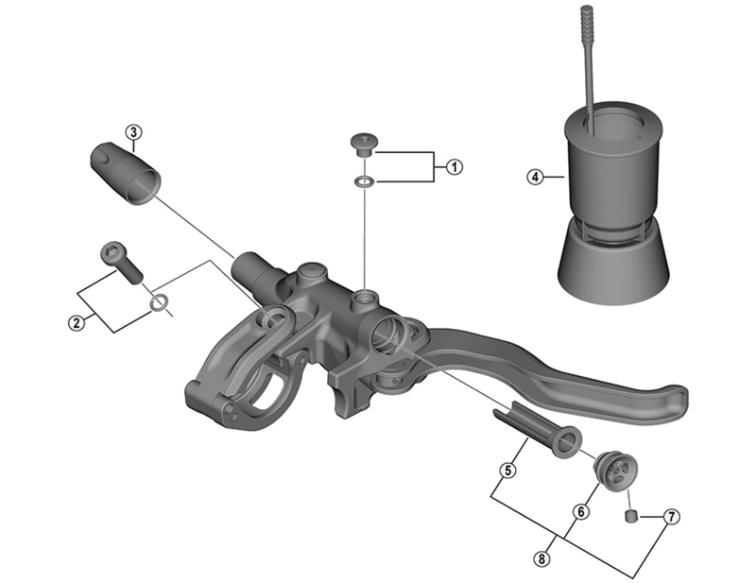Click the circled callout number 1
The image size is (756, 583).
[455, 167]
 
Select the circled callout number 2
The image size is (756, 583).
[75, 322]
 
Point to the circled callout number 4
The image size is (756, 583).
[535, 177]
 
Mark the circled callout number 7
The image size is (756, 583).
[671, 517]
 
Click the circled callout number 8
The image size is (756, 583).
[541, 558]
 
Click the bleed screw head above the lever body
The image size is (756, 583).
[363, 144]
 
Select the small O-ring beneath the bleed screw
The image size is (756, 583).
[363, 180]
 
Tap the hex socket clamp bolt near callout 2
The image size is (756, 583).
[119, 261]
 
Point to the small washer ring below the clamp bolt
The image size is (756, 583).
[162, 303]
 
